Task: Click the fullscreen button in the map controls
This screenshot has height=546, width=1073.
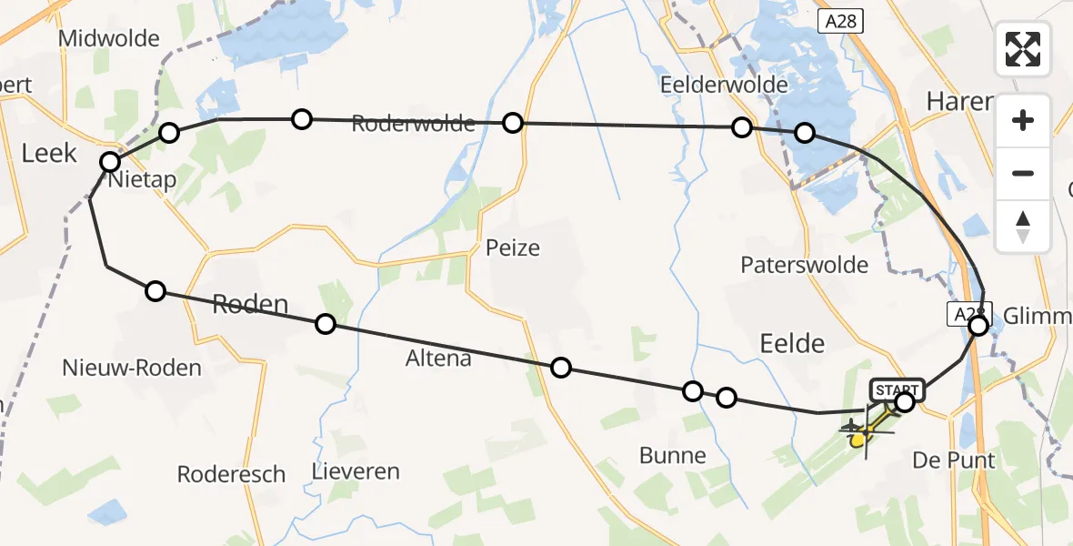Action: [x=1023, y=49]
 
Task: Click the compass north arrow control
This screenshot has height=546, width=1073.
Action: [x=1023, y=227]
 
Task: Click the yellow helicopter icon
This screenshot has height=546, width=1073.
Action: [x=860, y=436]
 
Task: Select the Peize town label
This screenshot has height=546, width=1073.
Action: [x=513, y=248]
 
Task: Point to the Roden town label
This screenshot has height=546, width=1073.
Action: [x=249, y=305]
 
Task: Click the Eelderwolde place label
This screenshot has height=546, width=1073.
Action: [x=724, y=85]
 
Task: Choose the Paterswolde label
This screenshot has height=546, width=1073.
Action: [x=804, y=265]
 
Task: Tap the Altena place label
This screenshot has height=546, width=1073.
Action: [x=439, y=359]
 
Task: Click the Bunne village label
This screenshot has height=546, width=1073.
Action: [x=673, y=456]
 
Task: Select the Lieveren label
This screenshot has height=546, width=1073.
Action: [x=356, y=472]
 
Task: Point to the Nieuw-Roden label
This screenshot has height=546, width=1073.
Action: [x=132, y=369]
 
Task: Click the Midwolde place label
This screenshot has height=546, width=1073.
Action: [x=108, y=39]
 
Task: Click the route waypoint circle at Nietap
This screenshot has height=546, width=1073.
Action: [x=110, y=162]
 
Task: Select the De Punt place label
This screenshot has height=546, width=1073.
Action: [x=954, y=460]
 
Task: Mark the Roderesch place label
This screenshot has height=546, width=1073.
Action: [x=231, y=475]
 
